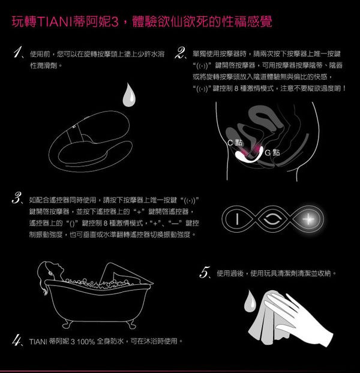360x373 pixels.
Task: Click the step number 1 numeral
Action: pos(18,52)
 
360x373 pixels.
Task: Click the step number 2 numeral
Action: pos(179,53)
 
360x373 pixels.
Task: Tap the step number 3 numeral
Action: pos(17,198)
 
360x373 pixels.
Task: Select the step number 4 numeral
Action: pos(16,340)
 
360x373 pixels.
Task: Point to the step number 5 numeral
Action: pos(205,272)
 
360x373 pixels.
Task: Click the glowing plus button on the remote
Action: pos(308,219)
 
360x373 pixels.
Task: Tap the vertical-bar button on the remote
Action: pos(237,219)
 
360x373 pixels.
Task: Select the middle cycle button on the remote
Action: pos(272,219)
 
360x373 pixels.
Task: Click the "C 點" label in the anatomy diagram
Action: pos(235,143)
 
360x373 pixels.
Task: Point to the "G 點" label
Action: pos(272,152)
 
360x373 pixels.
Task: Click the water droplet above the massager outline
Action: pos(129,95)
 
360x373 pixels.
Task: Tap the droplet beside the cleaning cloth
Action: pos(250,301)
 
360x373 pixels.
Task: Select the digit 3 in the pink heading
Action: pos(115,22)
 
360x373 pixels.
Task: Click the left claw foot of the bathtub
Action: pos(68,324)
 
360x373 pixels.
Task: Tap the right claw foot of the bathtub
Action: pos(130,324)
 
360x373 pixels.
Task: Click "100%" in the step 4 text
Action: pos(86,342)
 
